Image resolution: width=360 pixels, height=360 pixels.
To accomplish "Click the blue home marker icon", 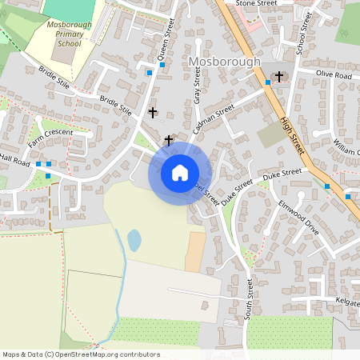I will tap(180, 172).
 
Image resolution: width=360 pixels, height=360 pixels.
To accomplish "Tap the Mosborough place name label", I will tap(225, 61).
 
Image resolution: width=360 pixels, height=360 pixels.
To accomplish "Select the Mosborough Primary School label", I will tap(63, 34).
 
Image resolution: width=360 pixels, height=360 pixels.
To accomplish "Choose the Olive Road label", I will tap(334, 74).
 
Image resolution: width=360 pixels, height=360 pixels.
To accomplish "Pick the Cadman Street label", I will tap(214, 117).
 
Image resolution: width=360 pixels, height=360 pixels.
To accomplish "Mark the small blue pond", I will tap(134, 240).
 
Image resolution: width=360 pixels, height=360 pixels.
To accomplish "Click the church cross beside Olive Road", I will tap(279, 77).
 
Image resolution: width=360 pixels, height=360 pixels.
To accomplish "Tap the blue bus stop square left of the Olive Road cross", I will tap(268, 82).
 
